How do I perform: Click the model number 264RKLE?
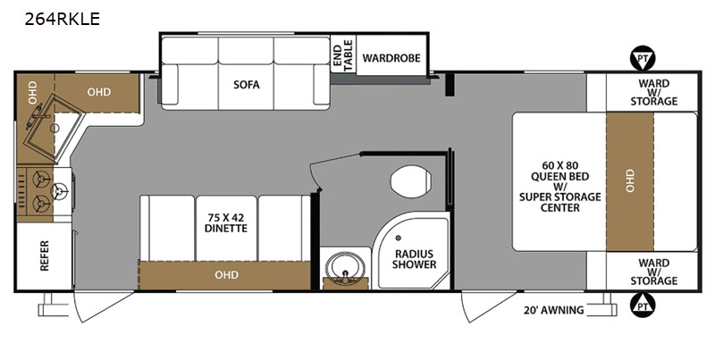(62, 19)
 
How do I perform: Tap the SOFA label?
(247, 84)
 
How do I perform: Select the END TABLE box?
(343, 55)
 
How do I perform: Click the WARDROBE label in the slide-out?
(391, 58)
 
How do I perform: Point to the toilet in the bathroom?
(410, 181)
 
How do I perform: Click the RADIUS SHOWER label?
(414, 259)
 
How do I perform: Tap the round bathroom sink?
(345, 269)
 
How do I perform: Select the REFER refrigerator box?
(44, 256)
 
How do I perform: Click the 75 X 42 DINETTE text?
(226, 222)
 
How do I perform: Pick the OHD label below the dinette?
(227, 275)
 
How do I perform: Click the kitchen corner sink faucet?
(40, 115)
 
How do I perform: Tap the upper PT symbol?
(643, 58)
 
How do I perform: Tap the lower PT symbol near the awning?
(643, 306)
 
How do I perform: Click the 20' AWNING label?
(553, 310)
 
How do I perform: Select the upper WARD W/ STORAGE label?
(654, 92)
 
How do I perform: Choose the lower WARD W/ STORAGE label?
(654, 272)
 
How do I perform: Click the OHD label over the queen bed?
(630, 180)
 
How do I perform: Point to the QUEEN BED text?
(560, 176)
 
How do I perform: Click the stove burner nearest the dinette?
(60, 191)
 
